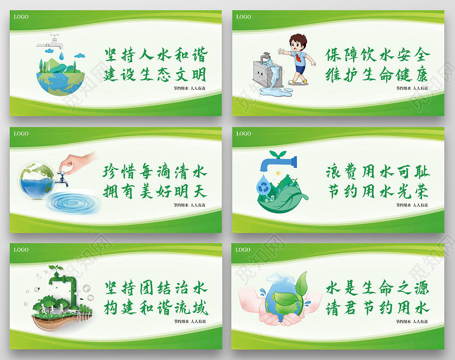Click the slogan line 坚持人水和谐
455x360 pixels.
(x=155, y=55)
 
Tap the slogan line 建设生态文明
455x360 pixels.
(x=155, y=74)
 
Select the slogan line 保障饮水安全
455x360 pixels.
(x=378, y=55)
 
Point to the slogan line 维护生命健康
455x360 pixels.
(x=378, y=74)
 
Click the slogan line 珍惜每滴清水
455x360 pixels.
(x=155, y=173)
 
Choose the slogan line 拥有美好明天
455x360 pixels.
(x=155, y=192)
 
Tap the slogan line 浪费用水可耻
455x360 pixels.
(x=378, y=173)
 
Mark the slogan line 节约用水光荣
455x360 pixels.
(x=378, y=192)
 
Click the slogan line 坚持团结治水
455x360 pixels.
(x=155, y=289)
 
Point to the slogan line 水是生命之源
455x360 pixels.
(x=378, y=289)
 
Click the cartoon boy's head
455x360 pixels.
(x=297, y=42)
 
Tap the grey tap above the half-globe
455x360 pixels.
(x=53, y=40)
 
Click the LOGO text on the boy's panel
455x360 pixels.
(x=243, y=17)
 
